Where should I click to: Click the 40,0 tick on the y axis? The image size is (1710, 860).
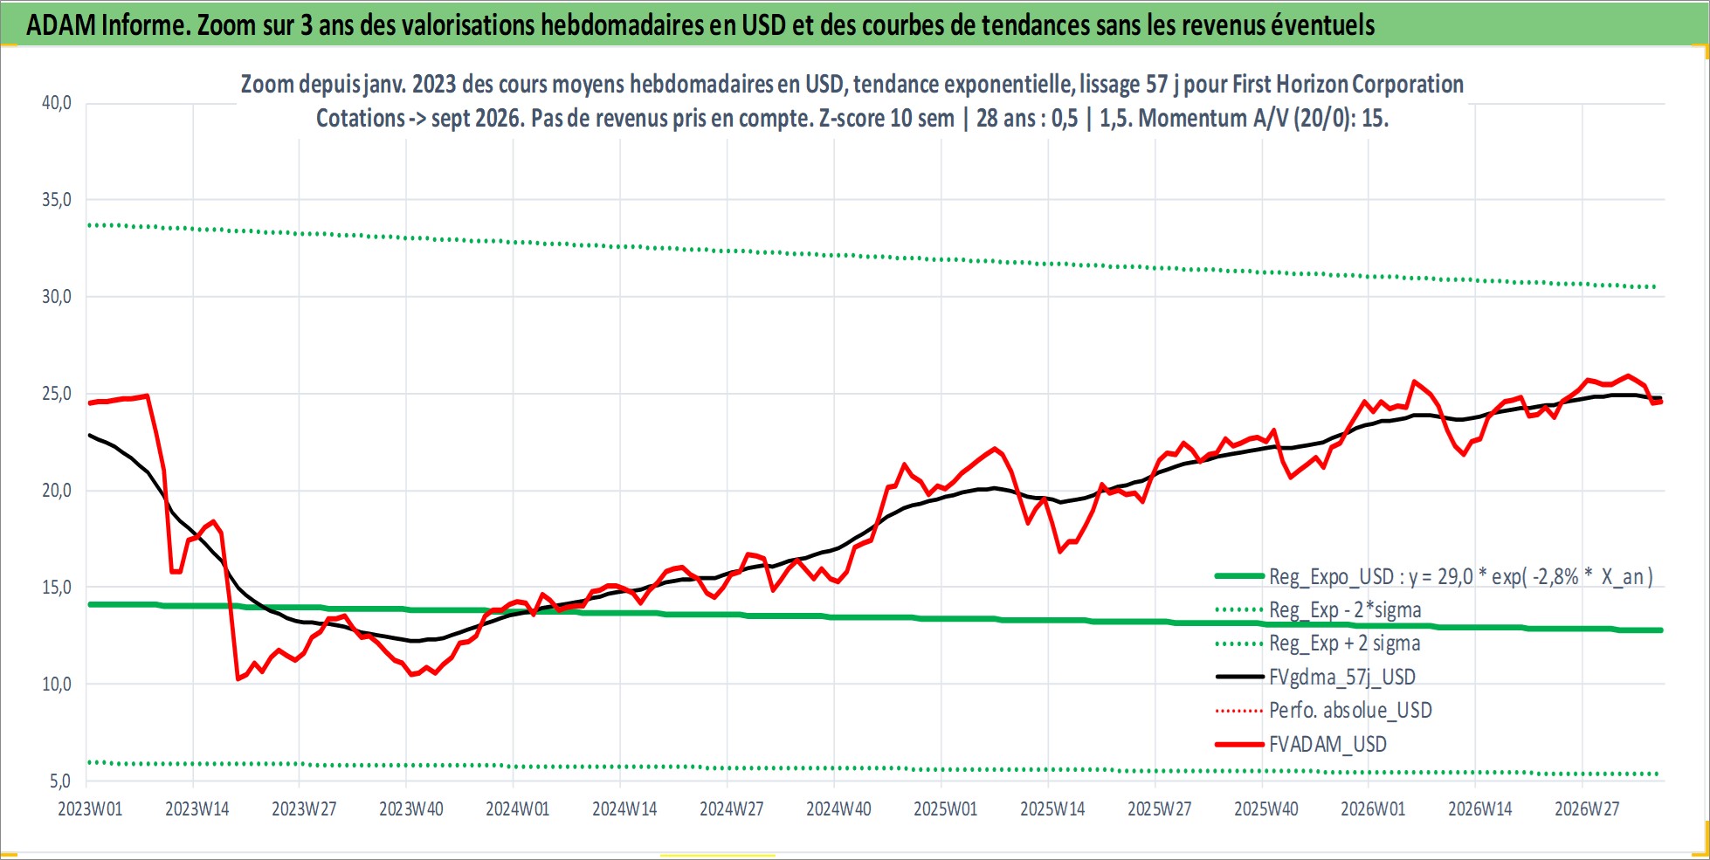pos(57,103)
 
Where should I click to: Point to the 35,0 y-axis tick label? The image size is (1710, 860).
pos(57,200)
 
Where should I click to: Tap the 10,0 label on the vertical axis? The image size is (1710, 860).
pos(57,685)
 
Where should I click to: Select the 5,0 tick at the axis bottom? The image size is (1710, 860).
pos(60,781)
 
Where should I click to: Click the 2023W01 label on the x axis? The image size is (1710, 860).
pos(90,809)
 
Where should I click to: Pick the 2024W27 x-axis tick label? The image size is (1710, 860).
pos(731,809)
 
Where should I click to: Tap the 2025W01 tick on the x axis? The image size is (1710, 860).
pos(945,809)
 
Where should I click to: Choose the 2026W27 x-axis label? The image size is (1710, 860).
pos(1587,809)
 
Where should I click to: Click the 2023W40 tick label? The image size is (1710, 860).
pos(410,809)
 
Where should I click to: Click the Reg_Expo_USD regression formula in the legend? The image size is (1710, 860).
pos(1461,576)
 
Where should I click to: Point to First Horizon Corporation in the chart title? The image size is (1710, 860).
pos(1348,84)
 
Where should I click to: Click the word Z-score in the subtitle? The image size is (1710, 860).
pos(852,118)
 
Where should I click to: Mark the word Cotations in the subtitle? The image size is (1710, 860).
pos(360,118)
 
